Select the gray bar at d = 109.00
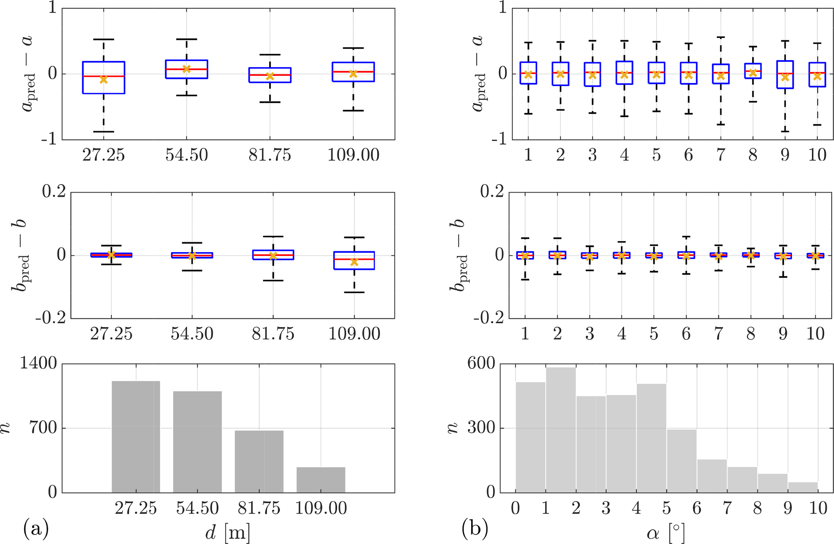point(321,480)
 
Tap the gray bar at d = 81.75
point(259,461)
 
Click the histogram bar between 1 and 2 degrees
point(560,430)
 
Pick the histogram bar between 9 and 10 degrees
point(803,487)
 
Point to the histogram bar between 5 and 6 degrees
point(681,461)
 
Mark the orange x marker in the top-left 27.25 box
point(104,80)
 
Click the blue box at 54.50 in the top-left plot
point(186,69)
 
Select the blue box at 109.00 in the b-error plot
point(354,260)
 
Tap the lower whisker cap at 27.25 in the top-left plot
point(104,132)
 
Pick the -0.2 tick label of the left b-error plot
point(50,318)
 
